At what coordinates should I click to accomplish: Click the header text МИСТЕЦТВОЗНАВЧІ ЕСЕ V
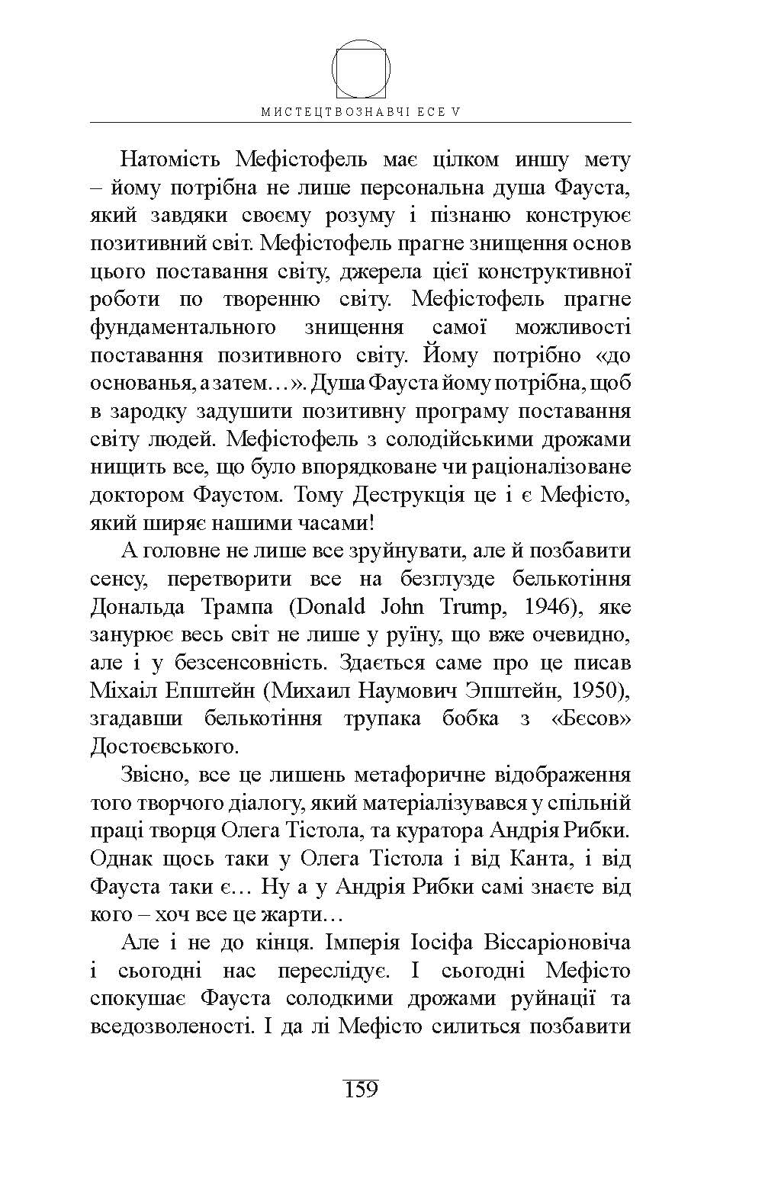[362, 111]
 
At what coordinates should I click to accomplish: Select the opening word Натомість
[170, 159]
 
